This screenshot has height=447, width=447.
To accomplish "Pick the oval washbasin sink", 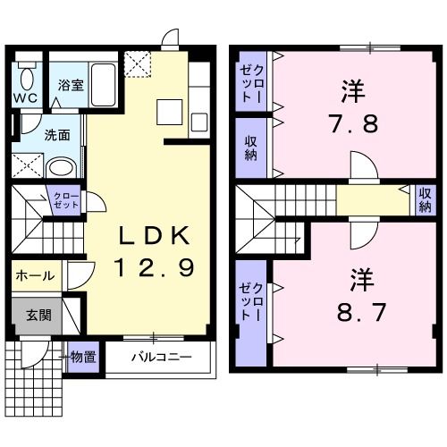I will coord(61,166).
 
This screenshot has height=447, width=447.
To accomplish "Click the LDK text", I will coord(154,237).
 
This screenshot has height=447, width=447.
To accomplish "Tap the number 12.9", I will coord(154,266).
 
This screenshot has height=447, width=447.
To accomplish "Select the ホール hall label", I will coord(36,276).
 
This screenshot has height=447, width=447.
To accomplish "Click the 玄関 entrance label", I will coord(37,316).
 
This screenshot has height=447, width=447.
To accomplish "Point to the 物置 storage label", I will coord(83,358).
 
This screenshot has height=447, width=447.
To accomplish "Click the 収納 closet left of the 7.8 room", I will coord(250,148).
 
